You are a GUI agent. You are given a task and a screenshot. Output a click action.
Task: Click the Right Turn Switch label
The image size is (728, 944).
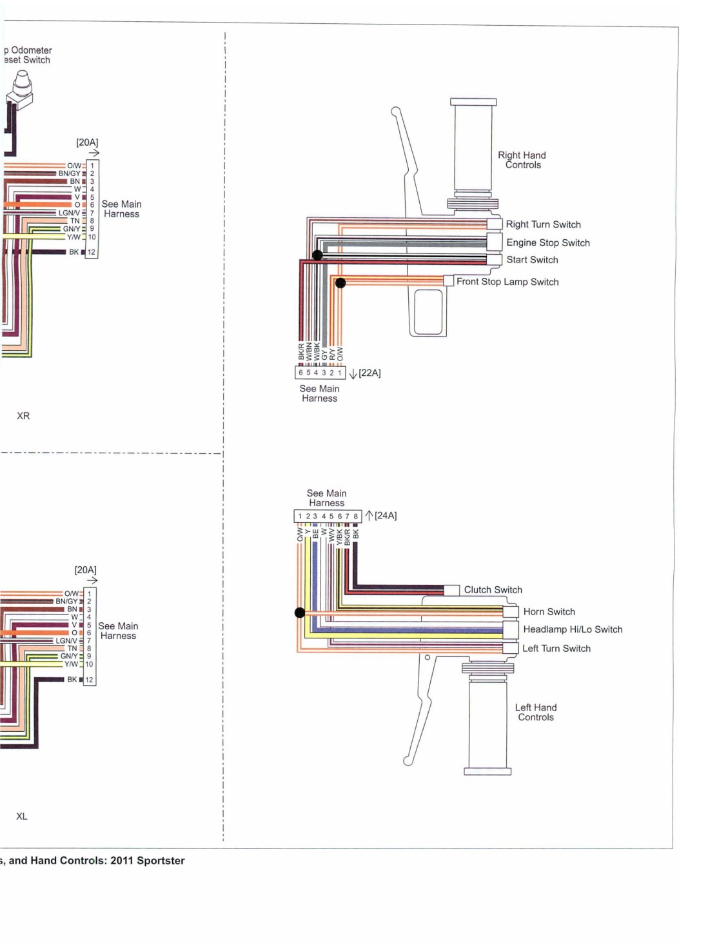(x=543, y=224)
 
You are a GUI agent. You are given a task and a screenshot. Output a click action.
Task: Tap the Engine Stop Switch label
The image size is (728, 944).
(x=547, y=243)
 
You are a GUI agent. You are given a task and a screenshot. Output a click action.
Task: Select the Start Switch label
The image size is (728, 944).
(x=532, y=260)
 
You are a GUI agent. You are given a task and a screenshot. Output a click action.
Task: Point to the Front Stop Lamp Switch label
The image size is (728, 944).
(x=507, y=282)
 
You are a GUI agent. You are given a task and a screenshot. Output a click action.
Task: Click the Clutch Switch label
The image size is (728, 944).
(x=493, y=590)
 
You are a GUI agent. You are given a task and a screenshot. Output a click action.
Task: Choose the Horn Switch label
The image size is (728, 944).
(x=549, y=612)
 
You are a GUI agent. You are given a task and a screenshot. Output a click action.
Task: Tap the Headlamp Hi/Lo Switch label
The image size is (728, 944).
(x=573, y=629)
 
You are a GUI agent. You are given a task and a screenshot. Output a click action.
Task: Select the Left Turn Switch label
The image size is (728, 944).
(x=556, y=649)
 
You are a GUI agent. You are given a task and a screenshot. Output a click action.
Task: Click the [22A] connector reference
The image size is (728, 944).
(x=369, y=373)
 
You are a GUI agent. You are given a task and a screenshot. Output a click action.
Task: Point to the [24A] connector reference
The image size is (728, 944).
(x=386, y=516)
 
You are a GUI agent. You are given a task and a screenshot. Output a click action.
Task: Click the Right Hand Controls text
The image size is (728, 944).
(x=522, y=160)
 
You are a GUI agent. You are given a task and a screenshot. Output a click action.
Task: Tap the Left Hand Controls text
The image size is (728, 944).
(x=536, y=713)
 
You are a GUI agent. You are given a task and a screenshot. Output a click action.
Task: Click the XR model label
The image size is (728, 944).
(x=23, y=416)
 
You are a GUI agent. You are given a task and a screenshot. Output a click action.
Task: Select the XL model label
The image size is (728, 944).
(x=22, y=817)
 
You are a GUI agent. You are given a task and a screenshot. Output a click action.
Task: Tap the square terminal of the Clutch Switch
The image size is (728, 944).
(x=451, y=590)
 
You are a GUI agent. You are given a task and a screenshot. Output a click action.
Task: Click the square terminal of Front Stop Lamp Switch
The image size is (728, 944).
(x=448, y=280)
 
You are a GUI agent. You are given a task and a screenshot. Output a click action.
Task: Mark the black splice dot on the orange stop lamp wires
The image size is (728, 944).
(x=340, y=283)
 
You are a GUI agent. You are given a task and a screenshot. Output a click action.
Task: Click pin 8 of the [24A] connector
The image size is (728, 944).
(x=355, y=516)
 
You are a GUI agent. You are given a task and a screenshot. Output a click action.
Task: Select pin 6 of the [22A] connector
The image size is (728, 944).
(x=300, y=373)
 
